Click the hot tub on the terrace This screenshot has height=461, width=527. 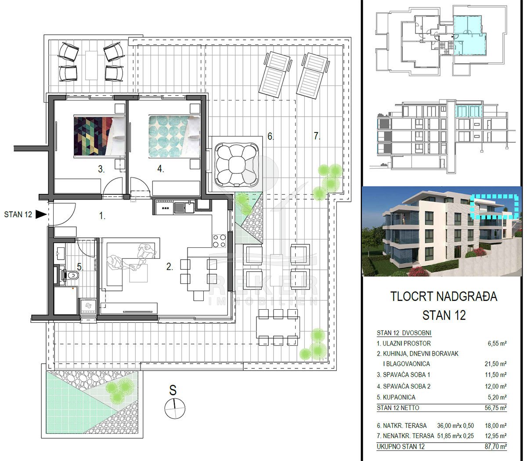237,164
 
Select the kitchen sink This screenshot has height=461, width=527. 184,207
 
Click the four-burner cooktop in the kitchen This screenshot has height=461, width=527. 219,241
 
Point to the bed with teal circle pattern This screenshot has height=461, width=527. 174,136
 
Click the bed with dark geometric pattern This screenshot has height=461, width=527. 99,136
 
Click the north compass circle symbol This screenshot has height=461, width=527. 175,408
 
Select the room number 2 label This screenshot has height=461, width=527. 169,267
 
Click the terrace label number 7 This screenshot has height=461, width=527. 317,136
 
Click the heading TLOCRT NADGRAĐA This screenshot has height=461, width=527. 444,297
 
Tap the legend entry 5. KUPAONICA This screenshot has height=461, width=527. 396,397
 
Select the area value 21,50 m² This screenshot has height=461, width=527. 495,364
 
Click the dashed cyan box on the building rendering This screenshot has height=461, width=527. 495,206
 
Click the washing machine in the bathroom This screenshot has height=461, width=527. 88,306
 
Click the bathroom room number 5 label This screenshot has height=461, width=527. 80,267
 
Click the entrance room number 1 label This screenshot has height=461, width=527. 102,215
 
